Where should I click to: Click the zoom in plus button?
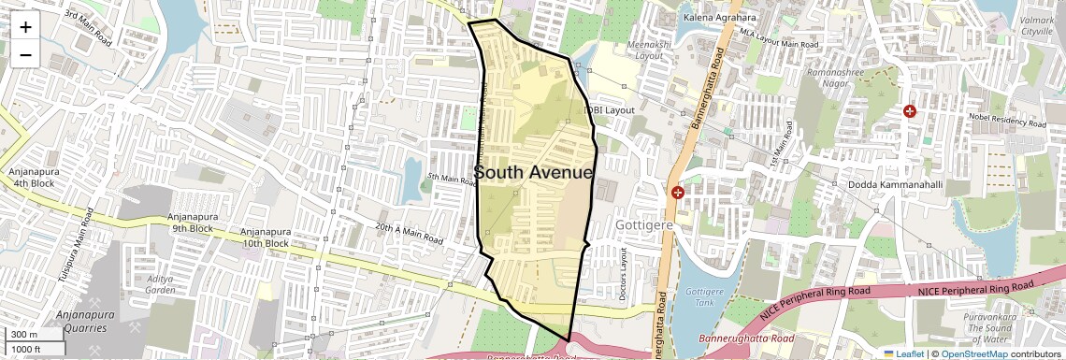(x=25, y=26)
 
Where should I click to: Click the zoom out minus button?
(x=25, y=54)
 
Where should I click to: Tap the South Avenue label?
(x=533, y=173)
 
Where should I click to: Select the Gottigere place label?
(x=645, y=226)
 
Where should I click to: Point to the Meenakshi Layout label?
(x=636, y=50)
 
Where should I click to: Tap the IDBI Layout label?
(x=610, y=110)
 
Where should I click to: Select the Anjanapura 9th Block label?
(x=192, y=223)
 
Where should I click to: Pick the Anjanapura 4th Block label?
(x=34, y=178)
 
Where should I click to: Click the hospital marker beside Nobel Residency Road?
(x=909, y=111)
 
